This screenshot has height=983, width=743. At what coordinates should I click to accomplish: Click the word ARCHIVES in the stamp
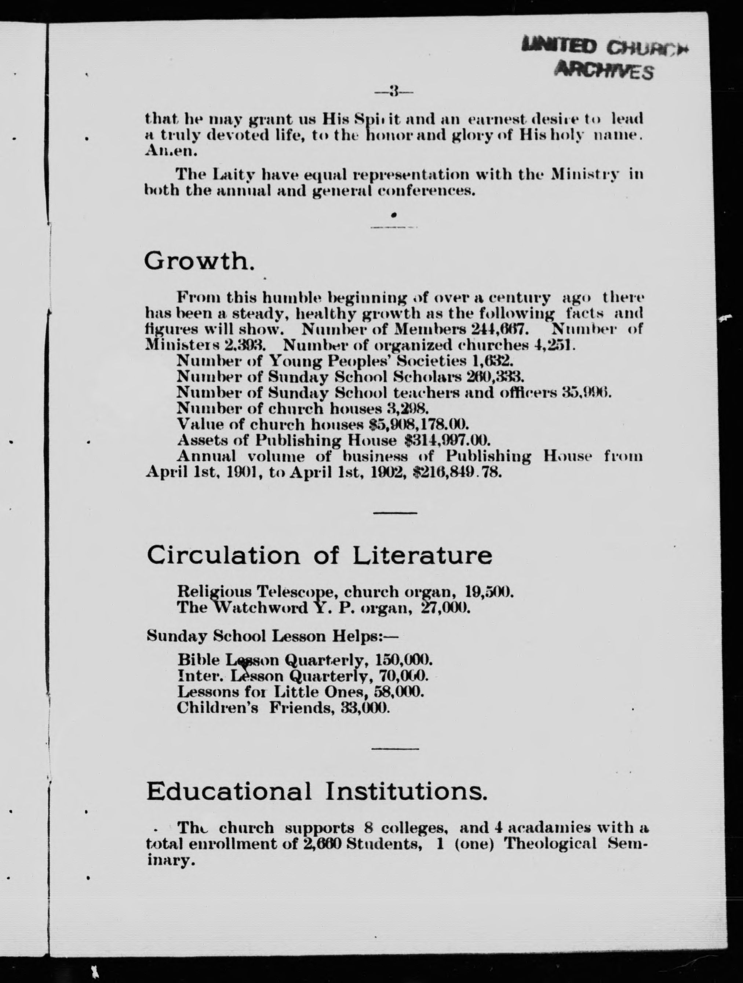pos(604,70)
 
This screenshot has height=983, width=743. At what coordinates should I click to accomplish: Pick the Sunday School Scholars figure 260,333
pos(496,376)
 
